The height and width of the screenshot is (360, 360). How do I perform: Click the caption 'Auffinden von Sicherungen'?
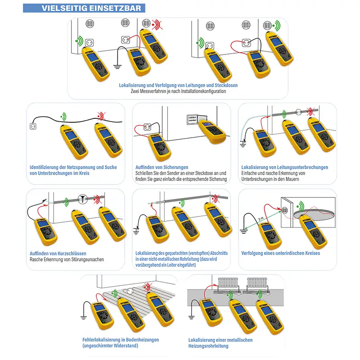point(162,167)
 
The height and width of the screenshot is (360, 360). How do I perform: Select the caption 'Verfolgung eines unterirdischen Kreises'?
point(280,253)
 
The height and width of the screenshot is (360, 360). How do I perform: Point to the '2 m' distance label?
point(261,218)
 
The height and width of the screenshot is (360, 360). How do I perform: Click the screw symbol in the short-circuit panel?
point(82,198)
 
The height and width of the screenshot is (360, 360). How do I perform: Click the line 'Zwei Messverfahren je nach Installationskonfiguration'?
point(178,91)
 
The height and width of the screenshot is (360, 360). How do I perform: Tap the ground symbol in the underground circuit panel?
point(244,231)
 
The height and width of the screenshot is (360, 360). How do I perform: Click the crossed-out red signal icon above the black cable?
point(100,116)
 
